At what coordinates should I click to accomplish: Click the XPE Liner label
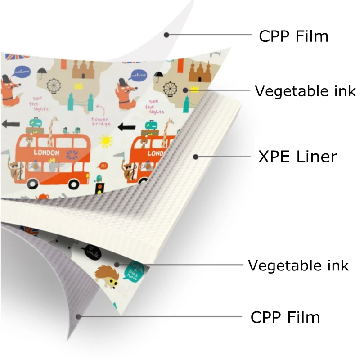point(297,157)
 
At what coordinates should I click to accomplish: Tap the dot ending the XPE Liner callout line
point(196,157)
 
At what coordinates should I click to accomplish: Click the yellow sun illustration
point(105,141)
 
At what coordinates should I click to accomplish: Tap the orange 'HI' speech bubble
point(104,166)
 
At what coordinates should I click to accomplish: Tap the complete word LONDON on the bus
point(46,153)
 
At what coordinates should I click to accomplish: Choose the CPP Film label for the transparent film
point(293,36)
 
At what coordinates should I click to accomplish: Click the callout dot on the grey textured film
point(78,316)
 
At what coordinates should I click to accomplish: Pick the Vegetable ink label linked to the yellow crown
point(306,91)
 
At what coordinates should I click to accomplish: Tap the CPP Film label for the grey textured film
point(285,317)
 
